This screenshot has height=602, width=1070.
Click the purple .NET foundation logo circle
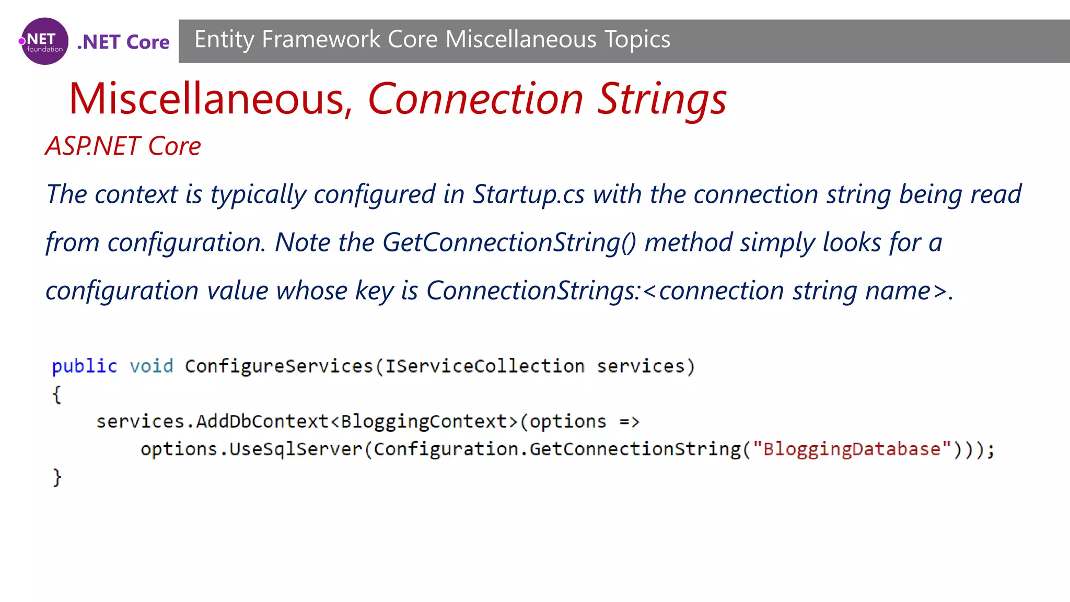(44, 41)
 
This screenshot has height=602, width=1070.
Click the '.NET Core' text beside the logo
(123, 42)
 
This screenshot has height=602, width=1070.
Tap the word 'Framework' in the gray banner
(321, 40)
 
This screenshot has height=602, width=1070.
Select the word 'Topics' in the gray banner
(637, 40)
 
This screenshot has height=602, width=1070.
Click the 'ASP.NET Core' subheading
(123, 146)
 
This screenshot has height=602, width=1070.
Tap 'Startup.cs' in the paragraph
(528, 194)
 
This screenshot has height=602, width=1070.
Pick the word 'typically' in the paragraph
(258, 194)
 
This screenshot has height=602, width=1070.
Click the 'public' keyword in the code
(85, 366)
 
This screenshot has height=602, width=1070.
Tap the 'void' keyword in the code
(152, 366)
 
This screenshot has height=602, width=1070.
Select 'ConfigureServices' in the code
(279, 366)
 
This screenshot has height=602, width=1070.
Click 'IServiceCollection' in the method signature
(484, 366)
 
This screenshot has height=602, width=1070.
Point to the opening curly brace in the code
(56, 394)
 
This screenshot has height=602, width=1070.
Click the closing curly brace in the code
(56, 477)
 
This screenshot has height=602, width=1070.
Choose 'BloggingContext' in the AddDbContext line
(424, 422)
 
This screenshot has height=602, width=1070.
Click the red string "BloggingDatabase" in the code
(852, 449)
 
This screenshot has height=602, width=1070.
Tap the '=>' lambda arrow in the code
(629, 422)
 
